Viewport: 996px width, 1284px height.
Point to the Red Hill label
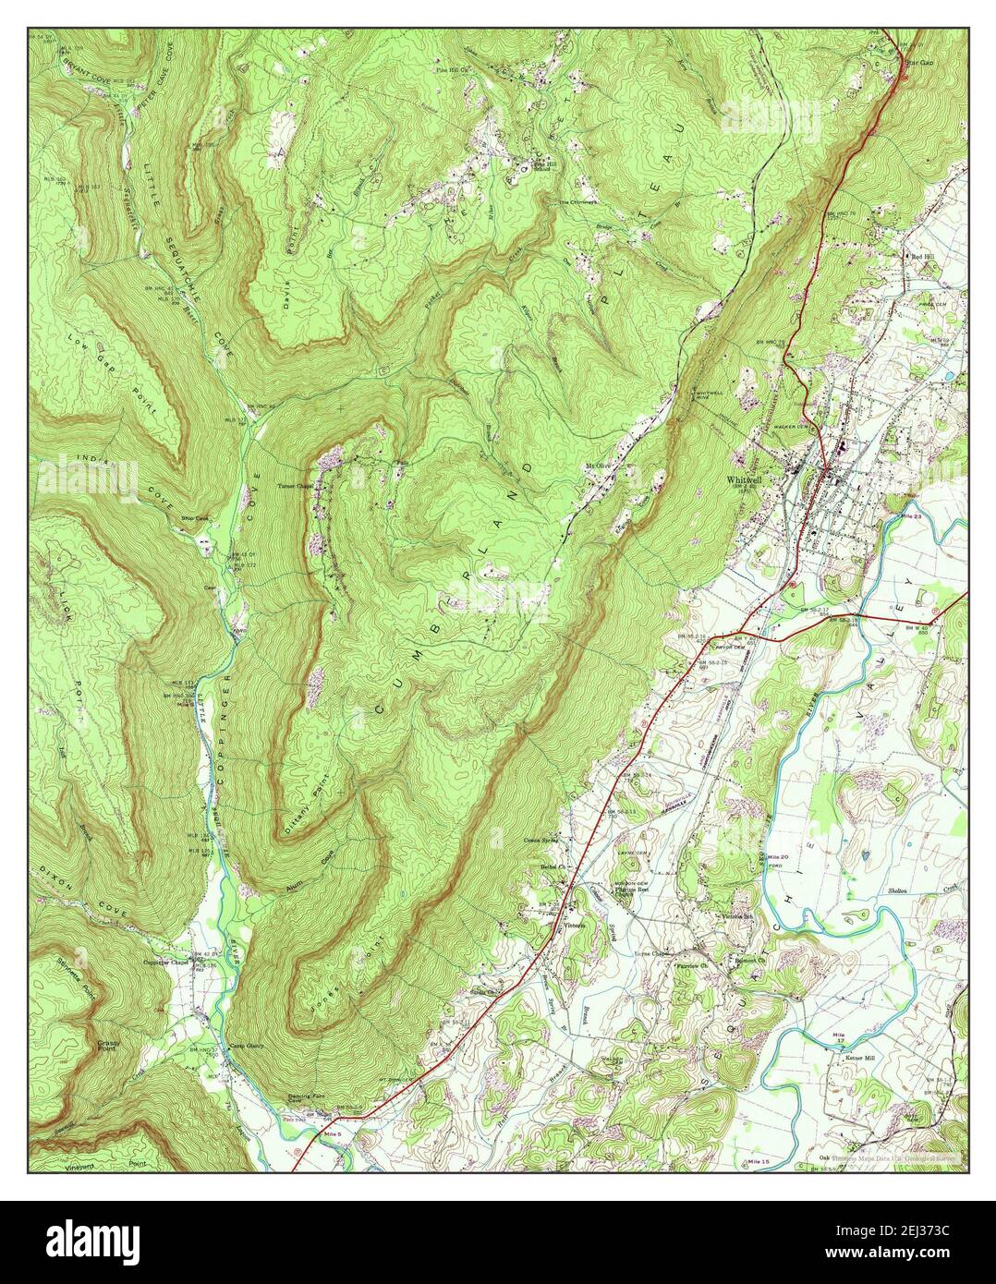923,255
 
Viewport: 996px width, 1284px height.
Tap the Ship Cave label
197,519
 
